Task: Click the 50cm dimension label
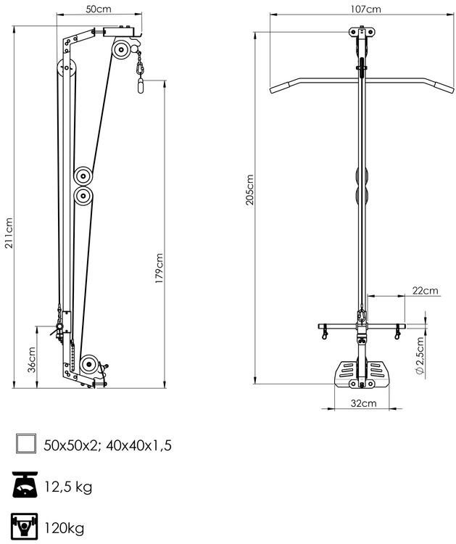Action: pos(99,9)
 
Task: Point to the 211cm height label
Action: pos(9,233)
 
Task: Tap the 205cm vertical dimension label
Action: pos(250,190)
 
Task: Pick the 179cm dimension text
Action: pos(159,268)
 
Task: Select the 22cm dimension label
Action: pos(426,291)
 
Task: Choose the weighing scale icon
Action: pos(25,485)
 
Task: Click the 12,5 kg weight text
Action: pos(68,487)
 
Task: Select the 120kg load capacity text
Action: pos(64,527)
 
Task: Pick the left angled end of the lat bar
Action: pos(280,88)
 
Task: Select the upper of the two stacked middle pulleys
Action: pos(83,176)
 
